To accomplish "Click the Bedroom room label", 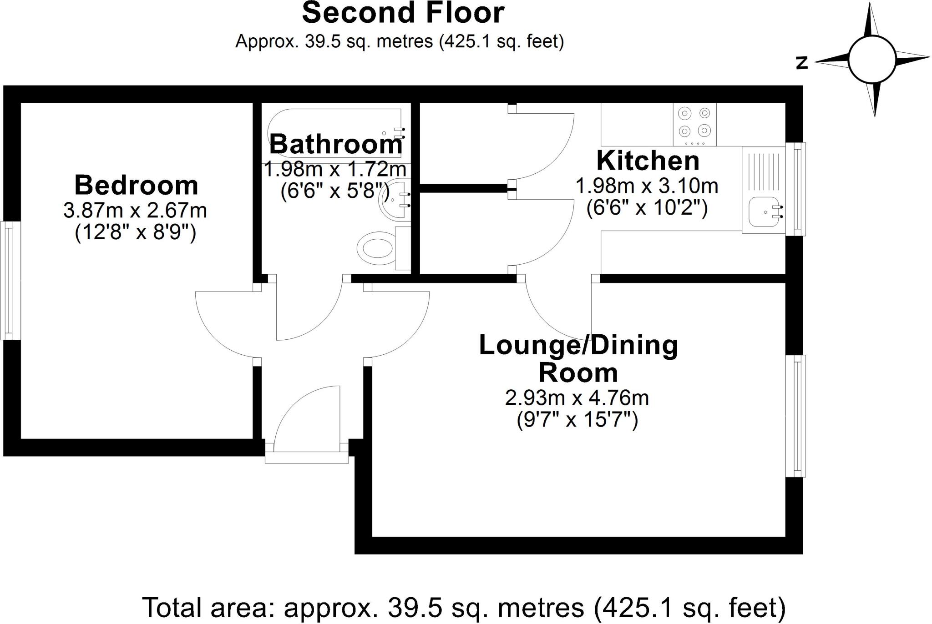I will tap(136, 186).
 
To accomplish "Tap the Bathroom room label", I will tap(336, 145).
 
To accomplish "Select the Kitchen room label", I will tap(648, 161).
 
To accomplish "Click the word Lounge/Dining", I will tap(578, 346).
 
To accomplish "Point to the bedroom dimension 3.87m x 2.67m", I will tap(135, 211).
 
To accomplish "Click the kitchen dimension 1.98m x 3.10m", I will tap(647, 186).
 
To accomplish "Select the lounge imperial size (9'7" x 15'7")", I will tap(577, 419).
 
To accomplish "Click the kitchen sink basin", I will tap(765, 212).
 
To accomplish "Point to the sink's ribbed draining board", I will tap(764, 171).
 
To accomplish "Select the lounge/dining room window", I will tap(796, 416).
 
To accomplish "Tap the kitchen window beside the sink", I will tap(797, 189).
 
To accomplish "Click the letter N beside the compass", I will tap(801, 63).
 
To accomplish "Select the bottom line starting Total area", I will tap(464, 607).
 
